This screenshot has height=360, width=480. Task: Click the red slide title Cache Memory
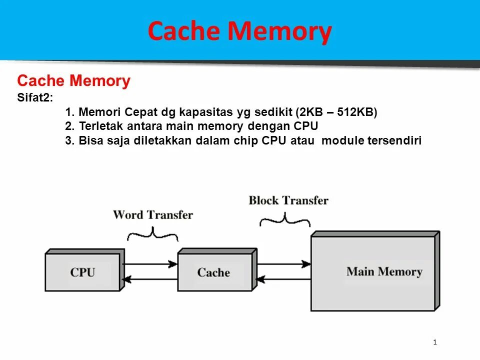coord(239,31)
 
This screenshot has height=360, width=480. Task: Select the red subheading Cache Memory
coord(73,81)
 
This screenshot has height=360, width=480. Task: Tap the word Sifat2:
coord(34,98)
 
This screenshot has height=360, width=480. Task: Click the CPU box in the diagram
coord(83,272)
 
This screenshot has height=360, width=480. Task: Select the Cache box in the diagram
coord(213,272)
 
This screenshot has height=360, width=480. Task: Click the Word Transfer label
coord(152,215)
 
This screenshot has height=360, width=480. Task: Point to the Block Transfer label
coord(288,200)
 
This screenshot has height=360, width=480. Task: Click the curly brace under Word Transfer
coord(152,233)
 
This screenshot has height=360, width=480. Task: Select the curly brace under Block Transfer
coord(285,219)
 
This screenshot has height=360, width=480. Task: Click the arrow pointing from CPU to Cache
coord(150,263)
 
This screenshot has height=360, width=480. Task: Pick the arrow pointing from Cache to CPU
coord(150,279)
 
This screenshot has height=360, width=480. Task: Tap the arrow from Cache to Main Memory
coord(283,263)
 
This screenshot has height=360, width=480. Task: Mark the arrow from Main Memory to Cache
coord(283,279)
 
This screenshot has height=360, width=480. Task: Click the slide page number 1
coord(435,342)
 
